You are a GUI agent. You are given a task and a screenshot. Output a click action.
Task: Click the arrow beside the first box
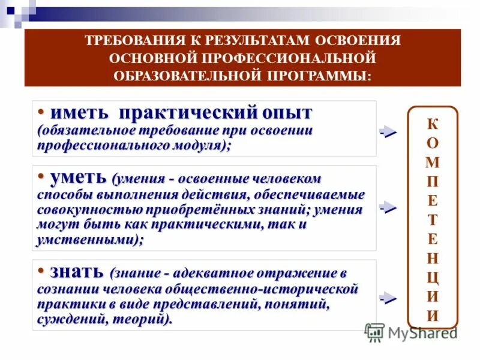tap(388, 133)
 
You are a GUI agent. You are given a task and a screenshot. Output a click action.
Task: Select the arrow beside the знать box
tap(388, 298)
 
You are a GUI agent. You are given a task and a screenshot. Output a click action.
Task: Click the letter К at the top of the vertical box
tap(433, 124)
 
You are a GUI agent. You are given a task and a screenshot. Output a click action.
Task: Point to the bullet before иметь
tap(41, 112)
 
